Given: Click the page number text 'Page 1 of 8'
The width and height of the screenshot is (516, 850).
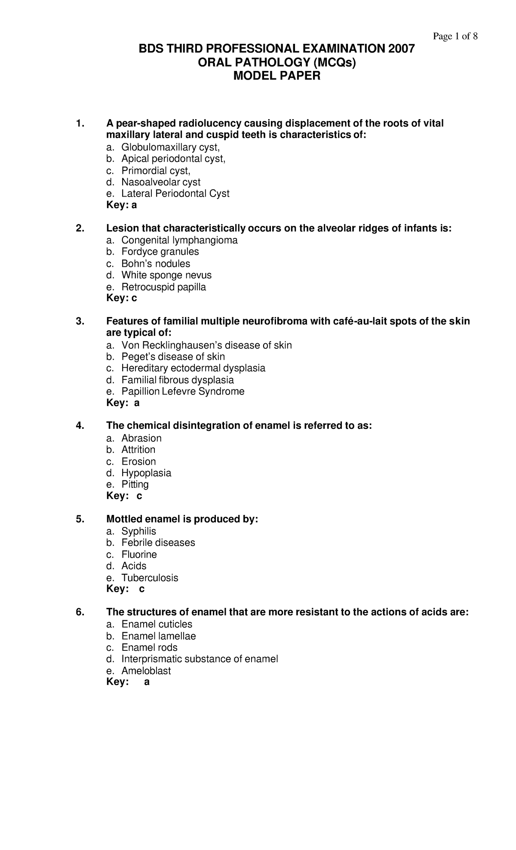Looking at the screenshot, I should (455, 37).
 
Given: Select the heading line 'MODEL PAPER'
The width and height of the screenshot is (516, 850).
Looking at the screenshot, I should (276, 76).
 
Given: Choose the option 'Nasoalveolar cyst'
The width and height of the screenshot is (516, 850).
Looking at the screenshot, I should (161, 182).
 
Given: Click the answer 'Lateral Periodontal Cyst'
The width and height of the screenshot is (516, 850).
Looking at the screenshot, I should (175, 194).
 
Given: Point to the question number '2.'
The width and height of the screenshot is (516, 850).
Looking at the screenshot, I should (80, 228).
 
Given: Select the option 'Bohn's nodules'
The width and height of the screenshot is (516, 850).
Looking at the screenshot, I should (156, 264).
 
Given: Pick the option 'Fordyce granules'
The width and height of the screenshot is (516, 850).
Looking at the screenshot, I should (160, 252).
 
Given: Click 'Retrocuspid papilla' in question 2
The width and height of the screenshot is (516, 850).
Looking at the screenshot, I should (163, 287).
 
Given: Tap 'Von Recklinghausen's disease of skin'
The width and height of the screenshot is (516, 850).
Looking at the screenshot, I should (206, 345).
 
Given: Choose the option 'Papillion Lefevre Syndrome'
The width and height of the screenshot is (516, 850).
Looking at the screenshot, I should (183, 391).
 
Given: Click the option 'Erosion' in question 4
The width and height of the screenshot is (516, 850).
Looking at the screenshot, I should (138, 462).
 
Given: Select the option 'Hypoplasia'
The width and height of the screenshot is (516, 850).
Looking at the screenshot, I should (146, 473).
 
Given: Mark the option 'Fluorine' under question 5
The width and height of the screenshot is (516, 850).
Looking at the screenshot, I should (139, 554).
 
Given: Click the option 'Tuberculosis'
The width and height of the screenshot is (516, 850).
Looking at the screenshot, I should (150, 578).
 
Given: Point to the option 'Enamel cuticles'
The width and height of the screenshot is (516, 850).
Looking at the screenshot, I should (157, 624).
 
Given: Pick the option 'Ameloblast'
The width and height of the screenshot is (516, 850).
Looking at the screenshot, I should (146, 671).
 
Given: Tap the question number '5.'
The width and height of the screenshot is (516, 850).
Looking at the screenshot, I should (80, 519).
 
